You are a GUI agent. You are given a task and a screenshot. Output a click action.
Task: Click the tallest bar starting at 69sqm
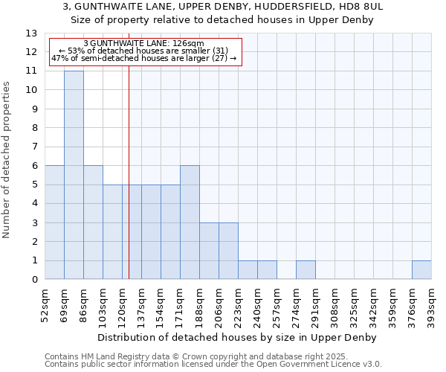point(74,175)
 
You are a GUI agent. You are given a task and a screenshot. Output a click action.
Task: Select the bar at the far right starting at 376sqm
point(421,270)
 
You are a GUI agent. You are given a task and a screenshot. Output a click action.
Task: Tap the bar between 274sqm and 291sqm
point(306,270)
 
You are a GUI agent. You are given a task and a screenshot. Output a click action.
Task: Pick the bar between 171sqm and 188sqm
point(190,222)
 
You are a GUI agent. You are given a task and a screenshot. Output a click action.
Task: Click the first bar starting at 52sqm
point(54,222)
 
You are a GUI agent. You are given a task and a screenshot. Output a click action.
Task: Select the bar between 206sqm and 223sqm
point(228,251)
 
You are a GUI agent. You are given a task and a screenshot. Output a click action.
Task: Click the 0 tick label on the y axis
point(34,280)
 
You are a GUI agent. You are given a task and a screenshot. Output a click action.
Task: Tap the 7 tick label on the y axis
point(34,147)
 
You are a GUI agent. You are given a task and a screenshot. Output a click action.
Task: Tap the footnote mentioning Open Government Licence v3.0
point(213,365)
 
